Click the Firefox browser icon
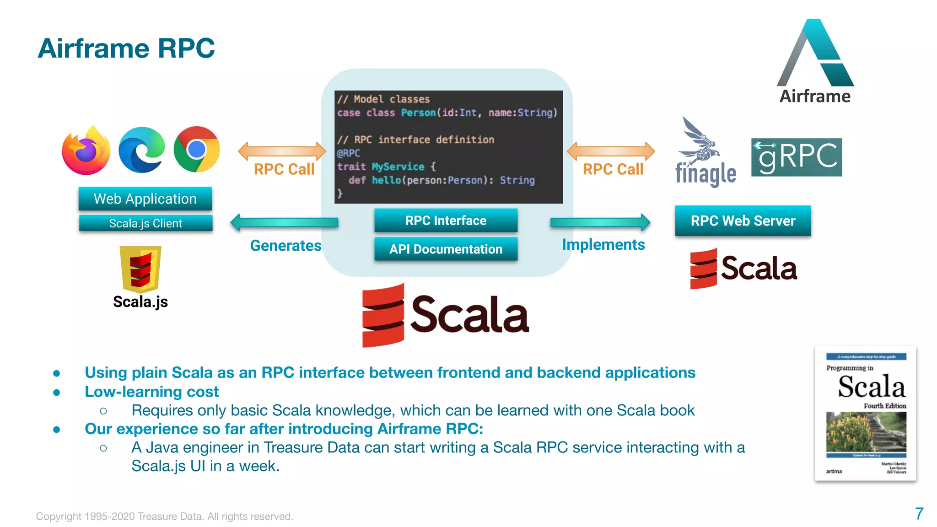point(86,151)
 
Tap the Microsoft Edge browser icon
point(141,150)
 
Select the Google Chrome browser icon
point(197,150)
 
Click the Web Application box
point(145,199)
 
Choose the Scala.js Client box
point(145,223)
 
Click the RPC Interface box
point(446,220)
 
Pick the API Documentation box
point(446,249)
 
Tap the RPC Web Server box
point(743,221)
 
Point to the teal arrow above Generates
point(284,223)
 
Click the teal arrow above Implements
point(600,222)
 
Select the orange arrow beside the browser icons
point(282,151)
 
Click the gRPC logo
point(796,157)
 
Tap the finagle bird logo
point(700,142)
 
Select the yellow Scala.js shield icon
point(140,269)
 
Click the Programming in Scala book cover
point(866,413)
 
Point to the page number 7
point(919,514)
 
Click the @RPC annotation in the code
point(349,153)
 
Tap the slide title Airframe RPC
point(126,48)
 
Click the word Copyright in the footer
point(59,516)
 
